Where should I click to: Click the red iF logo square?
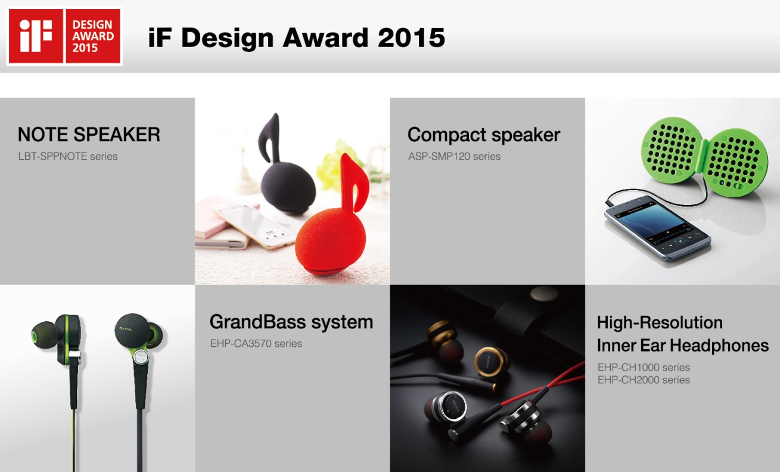(x=36, y=36)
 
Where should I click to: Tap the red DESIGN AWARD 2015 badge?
(x=93, y=36)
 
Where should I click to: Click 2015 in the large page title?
(x=411, y=38)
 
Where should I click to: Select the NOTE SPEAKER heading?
(x=89, y=135)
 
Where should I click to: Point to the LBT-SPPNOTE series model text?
(x=68, y=156)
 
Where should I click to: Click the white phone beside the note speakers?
(x=254, y=225)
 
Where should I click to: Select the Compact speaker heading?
(x=484, y=135)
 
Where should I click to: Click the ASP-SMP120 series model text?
(x=455, y=156)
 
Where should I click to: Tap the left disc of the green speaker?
(x=672, y=150)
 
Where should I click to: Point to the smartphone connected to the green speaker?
(x=657, y=228)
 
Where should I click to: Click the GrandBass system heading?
(x=291, y=322)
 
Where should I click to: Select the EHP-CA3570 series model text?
(x=256, y=343)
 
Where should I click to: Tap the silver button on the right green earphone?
(x=141, y=357)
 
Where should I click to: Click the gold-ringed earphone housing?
(x=492, y=362)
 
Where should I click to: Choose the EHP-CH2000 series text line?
(x=644, y=380)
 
